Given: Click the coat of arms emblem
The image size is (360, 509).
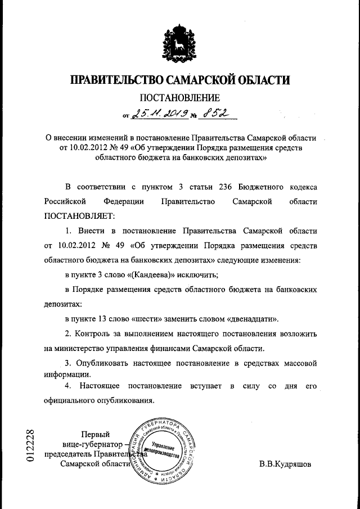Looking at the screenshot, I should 179,44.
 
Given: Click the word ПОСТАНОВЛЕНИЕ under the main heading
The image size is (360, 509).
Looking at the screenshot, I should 179,98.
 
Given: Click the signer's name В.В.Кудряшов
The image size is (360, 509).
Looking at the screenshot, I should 285,465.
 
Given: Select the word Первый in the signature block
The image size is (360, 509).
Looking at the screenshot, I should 96,434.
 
